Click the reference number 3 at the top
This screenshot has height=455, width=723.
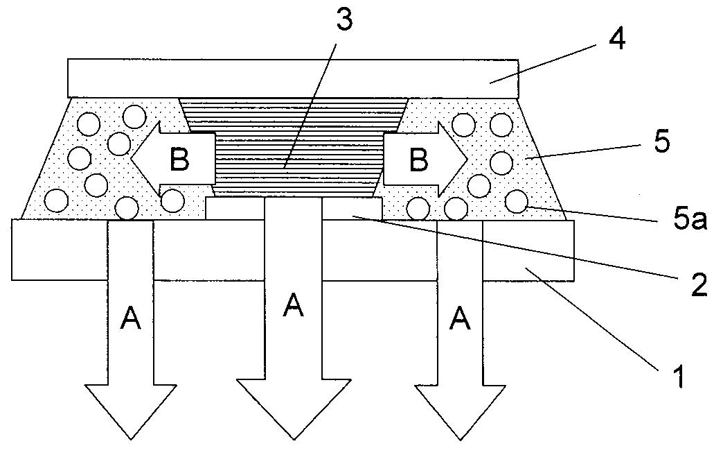(x=344, y=22)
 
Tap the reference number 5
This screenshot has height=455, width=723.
(x=661, y=142)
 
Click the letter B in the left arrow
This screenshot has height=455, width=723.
(x=179, y=160)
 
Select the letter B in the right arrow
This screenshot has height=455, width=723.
(x=418, y=160)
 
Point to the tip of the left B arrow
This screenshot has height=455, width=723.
(x=133, y=160)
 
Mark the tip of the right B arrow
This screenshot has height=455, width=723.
(x=467, y=160)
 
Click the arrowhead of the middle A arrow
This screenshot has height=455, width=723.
(x=293, y=433)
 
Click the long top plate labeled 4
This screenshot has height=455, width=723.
(x=293, y=78)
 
